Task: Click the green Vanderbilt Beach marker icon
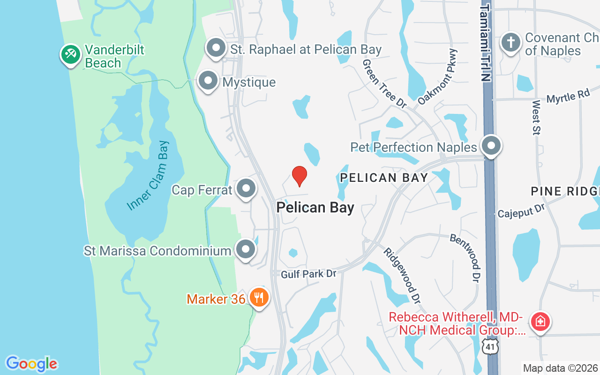click(71, 54)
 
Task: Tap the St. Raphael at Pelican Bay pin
click(216, 48)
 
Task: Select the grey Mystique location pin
click(208, 81)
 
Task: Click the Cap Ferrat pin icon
click(246, 188)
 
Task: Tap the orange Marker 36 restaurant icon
click(258, 297)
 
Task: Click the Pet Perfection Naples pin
click(491, 146)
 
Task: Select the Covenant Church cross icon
click(510, 43)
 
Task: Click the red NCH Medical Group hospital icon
click(540, 322)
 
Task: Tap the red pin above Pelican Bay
click(299, 176)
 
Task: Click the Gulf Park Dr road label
click(308, 274)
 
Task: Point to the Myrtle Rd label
click(568, 97)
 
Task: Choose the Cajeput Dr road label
click(521, 210)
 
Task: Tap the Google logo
click(31, 364)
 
